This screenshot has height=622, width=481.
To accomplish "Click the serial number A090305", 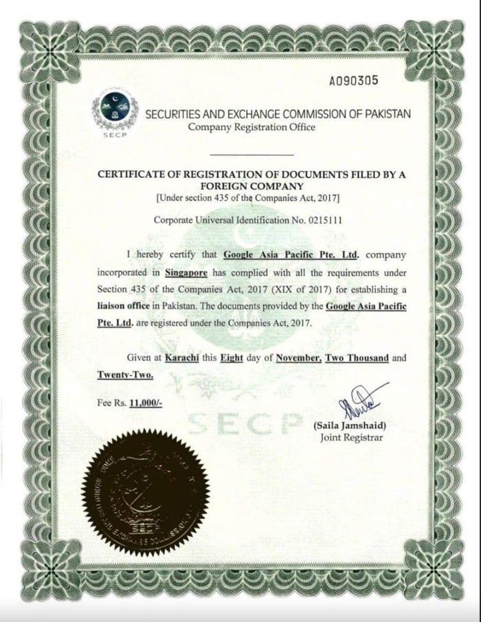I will pyautogui.click(x=353, y=80).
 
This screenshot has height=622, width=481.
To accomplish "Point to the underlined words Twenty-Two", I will pyautogui.click(x=124, y=375).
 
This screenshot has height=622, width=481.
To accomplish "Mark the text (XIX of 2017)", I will pyautogui.click(x=273, y=289).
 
